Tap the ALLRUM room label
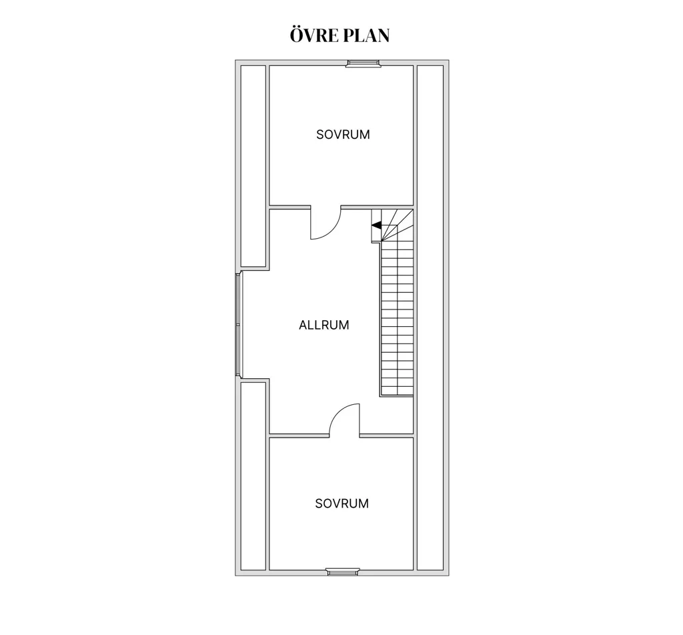pyautogui.click(x=324, y=325)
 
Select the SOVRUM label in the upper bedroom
pyautogui.click(x=344, y=135)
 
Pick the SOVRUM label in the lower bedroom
pyautogui.click(x=342, y=504)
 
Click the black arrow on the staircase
pyautogui.click(x=376, y=225)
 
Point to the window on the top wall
pyautogui.click(x=364, y=63)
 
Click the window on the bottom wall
pyautogui.click(x=344, y=572)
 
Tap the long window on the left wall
pyautogui.click(x=238, y=324)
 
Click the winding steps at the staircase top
pyautogui.click(x=398, y=225)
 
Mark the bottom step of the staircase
pyautogui.click(x=398, y=391)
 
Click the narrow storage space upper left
pyautogui.click(x=253, y=166)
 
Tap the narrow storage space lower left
pyautogui.click(x=253, y=476)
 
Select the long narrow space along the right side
pyautogui.click(x=430, y=317)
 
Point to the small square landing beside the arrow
pyautogui.click(x=376, y=235)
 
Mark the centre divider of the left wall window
pyautogui.click(x=238, y=324)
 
